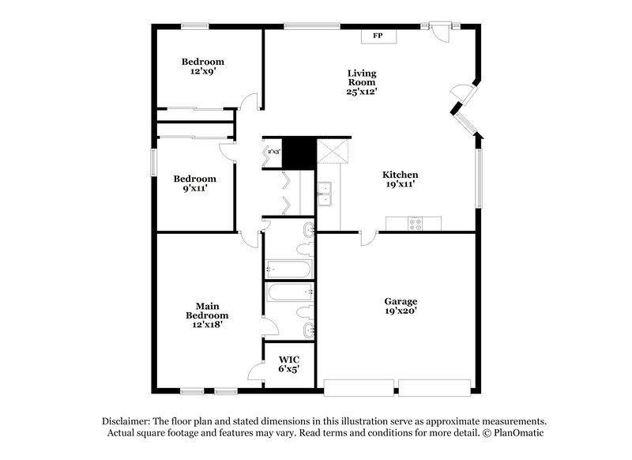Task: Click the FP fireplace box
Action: (x=378, y=36)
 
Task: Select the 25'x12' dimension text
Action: (x=361, y=92)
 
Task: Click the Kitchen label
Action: (x=400, y=175)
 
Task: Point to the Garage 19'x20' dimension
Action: (x=401, y=311)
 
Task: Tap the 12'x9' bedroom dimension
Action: (x=202, y=71)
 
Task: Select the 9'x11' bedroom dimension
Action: (x=194, y=189)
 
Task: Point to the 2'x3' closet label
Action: (x=273, y=150)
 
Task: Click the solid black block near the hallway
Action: (x=299, y=153)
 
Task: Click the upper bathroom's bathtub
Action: (x=289, y=268)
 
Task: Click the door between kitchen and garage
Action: (x=368, y=238)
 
